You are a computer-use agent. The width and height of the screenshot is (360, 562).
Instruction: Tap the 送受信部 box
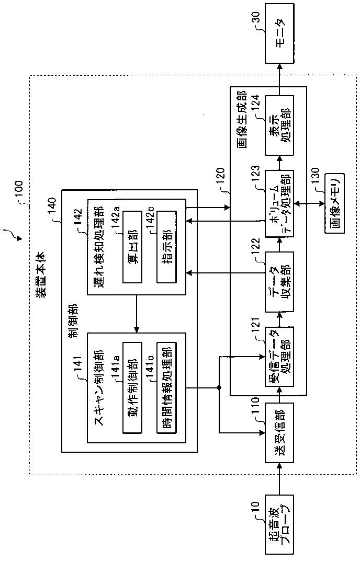pyautogui.click(x=279, y=433)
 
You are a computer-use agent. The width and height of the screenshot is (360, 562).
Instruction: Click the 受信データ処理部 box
pyautogui.click(x=279, y=355)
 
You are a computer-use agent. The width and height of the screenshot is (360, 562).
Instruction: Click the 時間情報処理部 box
pyautogui.click(x=166, y=388)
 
